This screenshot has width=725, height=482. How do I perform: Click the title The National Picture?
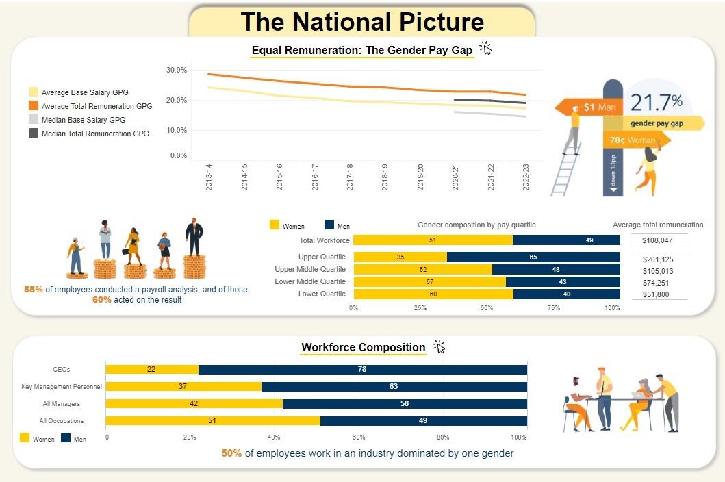pos(362,22)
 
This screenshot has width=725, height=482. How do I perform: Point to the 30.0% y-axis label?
pos(176,70)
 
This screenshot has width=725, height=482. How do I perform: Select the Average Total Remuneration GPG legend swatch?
pos(33,105)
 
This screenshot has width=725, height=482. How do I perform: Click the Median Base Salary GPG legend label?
pos(84,120)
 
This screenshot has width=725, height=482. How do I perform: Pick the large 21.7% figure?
pos(656,103)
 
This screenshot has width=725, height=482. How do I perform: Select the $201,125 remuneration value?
pos(658,259)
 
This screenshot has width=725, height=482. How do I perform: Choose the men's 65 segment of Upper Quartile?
pos(533,257)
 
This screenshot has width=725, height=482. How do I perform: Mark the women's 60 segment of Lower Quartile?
pos(433,294)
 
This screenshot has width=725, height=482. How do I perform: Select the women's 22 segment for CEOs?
pos(152,370)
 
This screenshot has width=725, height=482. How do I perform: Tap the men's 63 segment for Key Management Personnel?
pos(394,387)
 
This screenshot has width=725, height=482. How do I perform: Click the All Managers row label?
pos(81,404)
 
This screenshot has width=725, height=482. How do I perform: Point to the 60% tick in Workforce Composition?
pos(358,437)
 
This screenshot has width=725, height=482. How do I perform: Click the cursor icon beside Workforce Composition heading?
pos(439,347)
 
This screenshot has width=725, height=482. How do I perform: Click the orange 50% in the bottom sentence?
pos(231,453)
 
